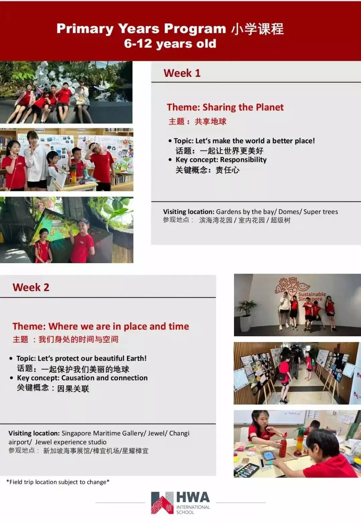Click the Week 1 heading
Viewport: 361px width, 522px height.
(182, 73)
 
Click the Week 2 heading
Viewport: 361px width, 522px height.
(31, 287)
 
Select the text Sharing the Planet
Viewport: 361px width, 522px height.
(243, 107)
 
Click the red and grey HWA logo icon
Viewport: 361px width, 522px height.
(162, 503)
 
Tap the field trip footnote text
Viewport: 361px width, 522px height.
(58, 482)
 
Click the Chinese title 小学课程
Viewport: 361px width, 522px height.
(257, 29)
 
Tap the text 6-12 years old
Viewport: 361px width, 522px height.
(170, 44)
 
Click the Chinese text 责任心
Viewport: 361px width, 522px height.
(227, 170)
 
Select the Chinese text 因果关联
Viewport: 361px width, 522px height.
(73, 389)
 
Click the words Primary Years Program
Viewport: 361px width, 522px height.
(141, 29)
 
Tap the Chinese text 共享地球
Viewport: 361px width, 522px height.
(210, 122)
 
